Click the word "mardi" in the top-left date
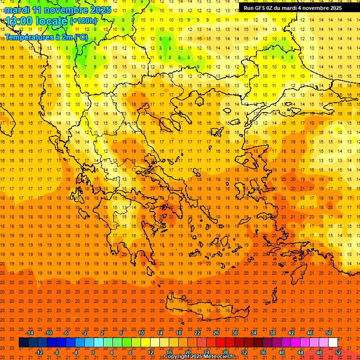[17, 9]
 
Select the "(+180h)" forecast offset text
[83, 21]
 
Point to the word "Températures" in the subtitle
[29, 37]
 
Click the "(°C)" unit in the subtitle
[80, 37]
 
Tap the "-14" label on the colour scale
[30, 333]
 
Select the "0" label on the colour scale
[93, 352]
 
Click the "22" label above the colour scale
[197, 333]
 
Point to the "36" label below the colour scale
[262, 352]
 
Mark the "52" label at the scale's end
[338, 352]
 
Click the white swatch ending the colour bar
[333, 342]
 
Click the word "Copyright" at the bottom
[177, 357]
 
